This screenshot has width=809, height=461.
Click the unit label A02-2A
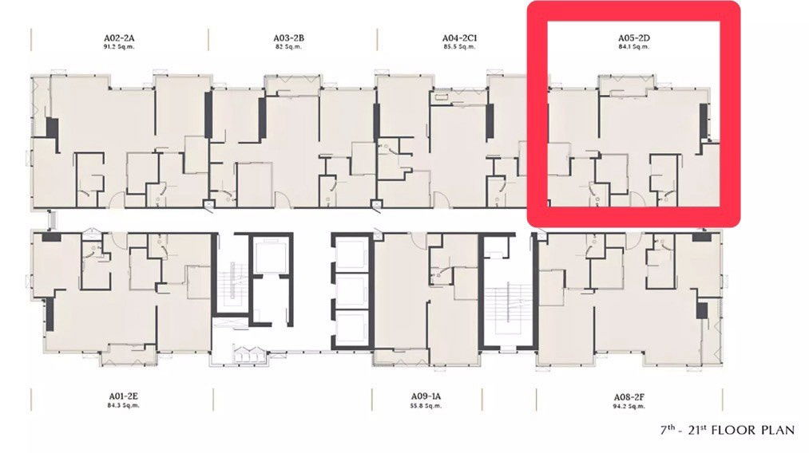(118, 37)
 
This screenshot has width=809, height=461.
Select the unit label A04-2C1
(459, 37)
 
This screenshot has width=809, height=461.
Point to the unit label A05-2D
(633, 37)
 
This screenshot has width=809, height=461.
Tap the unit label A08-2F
(630, 396)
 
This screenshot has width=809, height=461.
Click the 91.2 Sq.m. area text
(118, 47)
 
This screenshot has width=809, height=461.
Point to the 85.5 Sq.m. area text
(459, 47)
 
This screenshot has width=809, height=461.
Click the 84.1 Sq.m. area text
(633, 47)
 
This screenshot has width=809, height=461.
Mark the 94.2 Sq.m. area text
(630, 406)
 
